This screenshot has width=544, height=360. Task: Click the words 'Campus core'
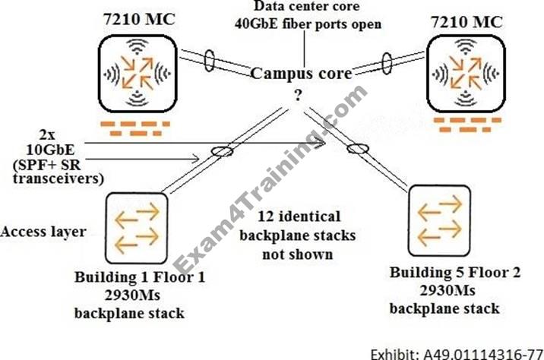[x=302, y=74]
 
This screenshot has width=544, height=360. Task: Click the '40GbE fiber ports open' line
[x=305, y=24]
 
